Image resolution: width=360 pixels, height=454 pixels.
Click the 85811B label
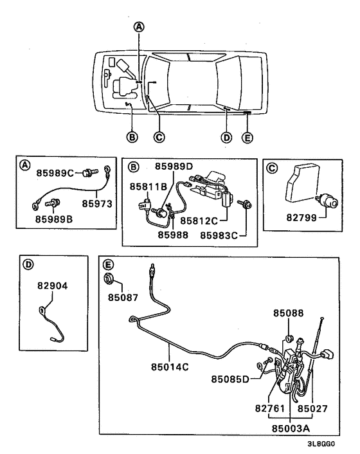coord(148,186)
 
